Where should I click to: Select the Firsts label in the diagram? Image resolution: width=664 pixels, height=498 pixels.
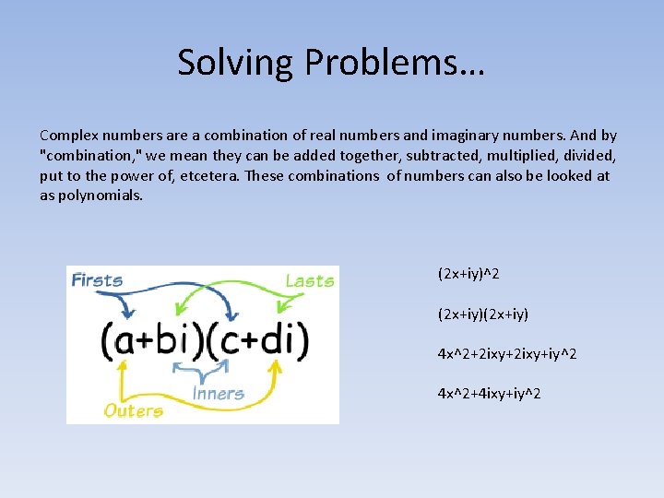click(x=97, y=279)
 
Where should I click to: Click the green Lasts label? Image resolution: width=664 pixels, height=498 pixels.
click(x=309, y=280)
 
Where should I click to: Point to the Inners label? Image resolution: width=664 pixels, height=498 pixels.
click(x=219, y=394)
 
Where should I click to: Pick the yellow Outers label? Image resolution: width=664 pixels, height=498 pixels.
click(x=135, y=410)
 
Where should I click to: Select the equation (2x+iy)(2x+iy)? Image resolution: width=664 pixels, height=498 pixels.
click(x=482, y=314)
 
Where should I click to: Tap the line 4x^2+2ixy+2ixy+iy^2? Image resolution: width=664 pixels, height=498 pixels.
click(x=507, y=353)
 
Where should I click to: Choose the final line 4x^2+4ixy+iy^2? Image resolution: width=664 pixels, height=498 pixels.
click(x=489, y=394)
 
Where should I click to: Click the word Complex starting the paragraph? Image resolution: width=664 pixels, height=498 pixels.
click(x=67, y=135)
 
